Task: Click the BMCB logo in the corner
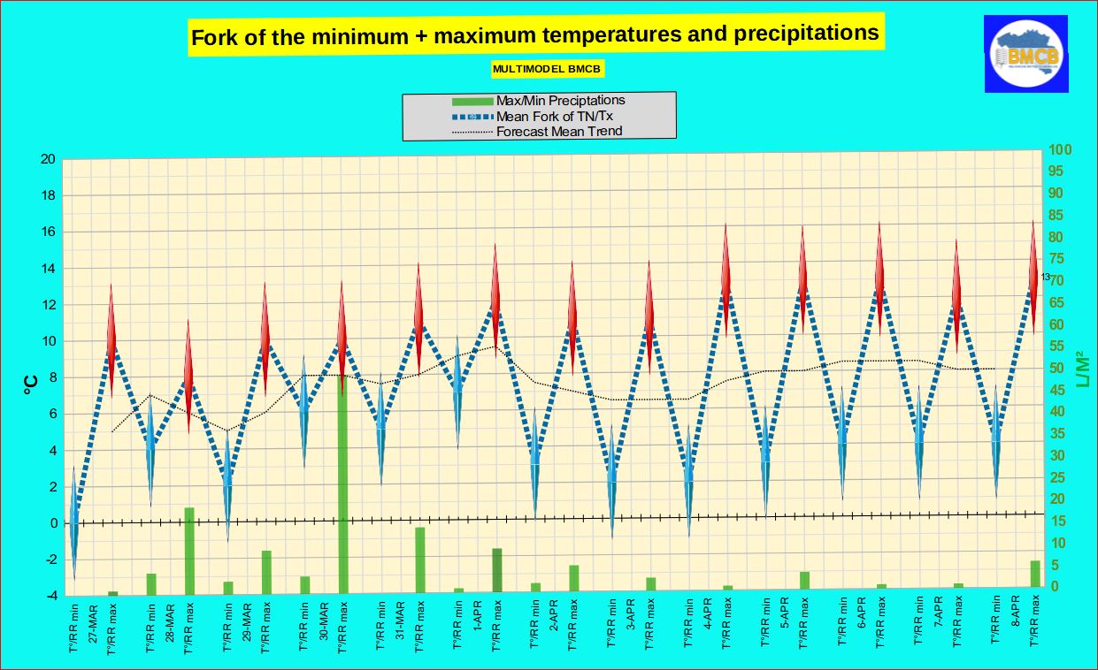point(1025,54)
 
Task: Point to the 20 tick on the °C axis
point(50,159)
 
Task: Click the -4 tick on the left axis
point(50,596)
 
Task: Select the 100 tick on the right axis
point(1061,150)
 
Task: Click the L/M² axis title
point(1081,371)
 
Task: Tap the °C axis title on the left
point(30,384)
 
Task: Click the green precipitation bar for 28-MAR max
point(188,551)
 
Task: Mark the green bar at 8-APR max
point(1035,574)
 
